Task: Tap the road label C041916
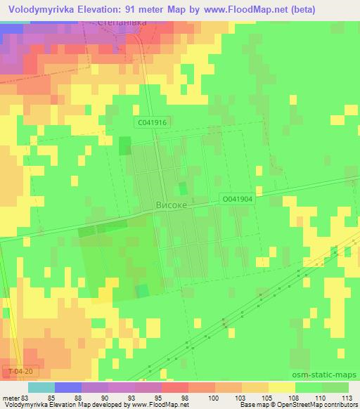[153, 122]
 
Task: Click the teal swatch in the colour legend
[41, 387]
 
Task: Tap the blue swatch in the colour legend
[68, 387]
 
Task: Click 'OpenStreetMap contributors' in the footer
[316, 405]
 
